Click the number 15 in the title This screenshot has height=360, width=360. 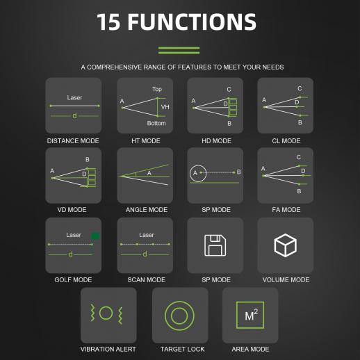click(108, 22)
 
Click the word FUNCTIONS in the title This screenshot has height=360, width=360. click(192, 22)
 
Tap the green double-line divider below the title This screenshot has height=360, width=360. click(179, 50)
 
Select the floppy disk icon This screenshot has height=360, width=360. click(215, 245)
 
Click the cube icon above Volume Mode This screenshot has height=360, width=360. click(286, 245)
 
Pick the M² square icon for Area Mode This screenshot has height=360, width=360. click(250, 315)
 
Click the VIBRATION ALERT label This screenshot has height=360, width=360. click(108, 349)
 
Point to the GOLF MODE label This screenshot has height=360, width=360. click(73, 280)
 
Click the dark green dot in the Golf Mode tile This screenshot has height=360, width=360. click(95, 236)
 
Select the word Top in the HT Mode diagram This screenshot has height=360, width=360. click(157, 89)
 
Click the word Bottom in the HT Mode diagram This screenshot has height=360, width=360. click(156, 123)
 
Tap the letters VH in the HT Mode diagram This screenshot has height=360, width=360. click(165, 107)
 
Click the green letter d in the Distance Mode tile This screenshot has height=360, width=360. click(74, 115)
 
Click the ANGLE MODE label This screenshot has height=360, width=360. click(147, 210)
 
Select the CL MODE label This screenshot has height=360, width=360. click(286, 141)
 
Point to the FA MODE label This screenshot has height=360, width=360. click(286, 210)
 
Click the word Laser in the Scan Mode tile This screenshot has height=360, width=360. click(147, 235)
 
